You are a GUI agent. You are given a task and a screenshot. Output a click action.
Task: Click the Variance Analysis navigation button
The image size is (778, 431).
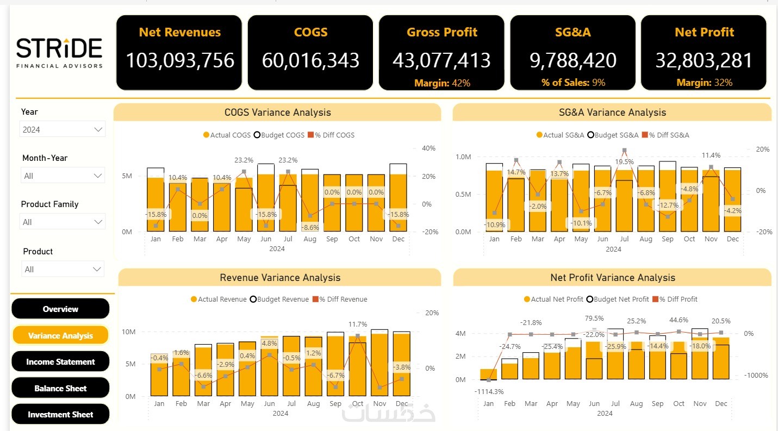60,335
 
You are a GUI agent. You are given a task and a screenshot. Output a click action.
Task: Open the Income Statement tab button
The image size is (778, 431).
60,361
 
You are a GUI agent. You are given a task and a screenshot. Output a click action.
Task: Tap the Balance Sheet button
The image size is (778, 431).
60,388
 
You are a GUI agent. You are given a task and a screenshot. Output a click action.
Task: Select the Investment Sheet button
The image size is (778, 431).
60,414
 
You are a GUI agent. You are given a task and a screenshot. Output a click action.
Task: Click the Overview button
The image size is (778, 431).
60,309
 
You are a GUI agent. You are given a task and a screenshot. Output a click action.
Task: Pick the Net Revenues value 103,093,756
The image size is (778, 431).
179,60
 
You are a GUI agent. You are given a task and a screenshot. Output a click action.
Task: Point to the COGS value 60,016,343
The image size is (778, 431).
310,60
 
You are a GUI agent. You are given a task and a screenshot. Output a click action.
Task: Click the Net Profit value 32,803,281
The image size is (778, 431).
704,60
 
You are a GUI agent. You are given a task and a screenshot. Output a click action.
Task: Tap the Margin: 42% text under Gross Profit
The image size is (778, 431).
442,83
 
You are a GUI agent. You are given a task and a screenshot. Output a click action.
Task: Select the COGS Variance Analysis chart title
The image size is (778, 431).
277,113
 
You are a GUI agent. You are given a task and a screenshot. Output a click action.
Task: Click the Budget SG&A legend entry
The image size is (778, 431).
614,135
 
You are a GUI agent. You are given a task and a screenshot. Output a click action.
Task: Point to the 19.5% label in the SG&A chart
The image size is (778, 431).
624,161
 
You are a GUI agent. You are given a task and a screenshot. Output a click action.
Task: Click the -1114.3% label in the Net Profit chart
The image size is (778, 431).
488,391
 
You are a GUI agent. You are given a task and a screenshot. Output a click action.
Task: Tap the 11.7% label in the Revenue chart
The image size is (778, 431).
357,324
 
